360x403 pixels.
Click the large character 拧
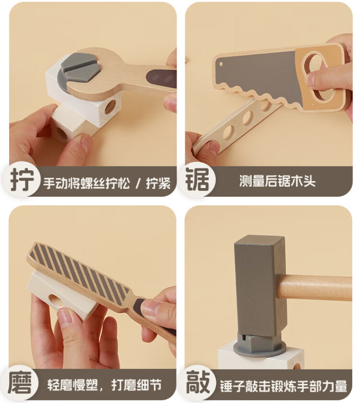click(22, 180)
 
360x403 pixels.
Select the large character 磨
click(20, 383)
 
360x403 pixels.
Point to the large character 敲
click(198, 382)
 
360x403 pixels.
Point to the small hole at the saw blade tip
click(221, 64)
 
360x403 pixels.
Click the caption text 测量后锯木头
click(277, 181)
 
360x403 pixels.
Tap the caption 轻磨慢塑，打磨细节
click(105, 385)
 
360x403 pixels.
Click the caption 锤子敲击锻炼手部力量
click(283, 386)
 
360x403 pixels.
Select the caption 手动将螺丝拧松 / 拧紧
click(107, 183)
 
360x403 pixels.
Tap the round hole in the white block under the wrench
click(110, 107)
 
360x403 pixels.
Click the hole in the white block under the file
click(55, 300)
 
